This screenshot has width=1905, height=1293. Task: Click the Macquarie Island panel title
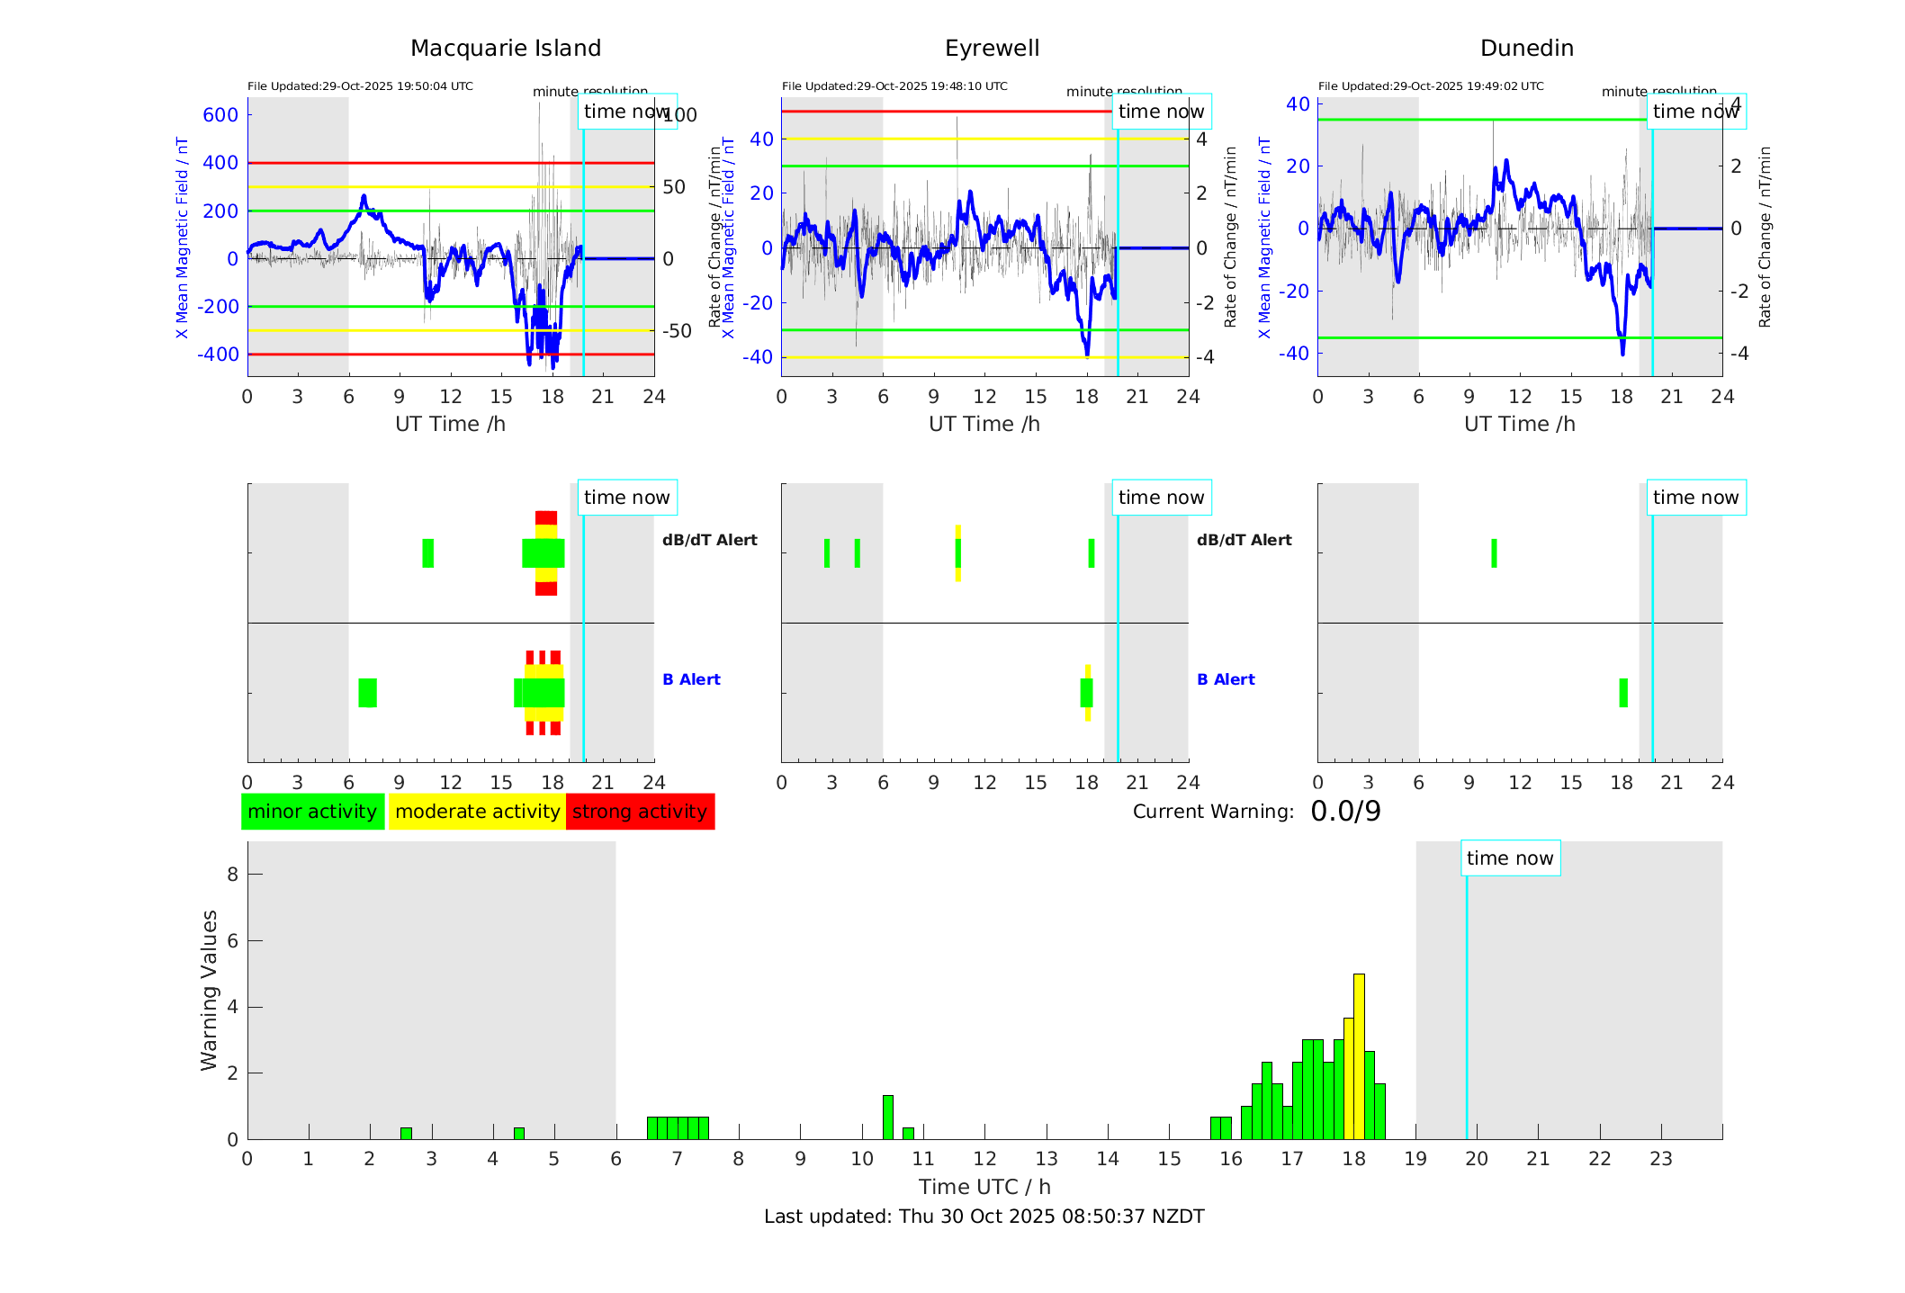coord(505,49)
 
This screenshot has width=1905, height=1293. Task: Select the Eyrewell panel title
coord(992,49)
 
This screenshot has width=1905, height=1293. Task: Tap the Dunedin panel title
coord(1526,49)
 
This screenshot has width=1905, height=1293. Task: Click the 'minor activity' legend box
coord(312,812)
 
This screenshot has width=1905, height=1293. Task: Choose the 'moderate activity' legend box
coord(477,812)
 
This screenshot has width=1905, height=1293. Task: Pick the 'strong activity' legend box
coord(640,812)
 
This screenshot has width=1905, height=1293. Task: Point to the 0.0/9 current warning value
coord(1345,812)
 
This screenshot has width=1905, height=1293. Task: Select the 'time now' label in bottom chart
coord(1510,858)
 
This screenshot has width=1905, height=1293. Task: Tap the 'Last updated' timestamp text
coord(984,1217)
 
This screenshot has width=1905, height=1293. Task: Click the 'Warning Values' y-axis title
coord(210,990)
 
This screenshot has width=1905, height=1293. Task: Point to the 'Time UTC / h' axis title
coord(984,1187)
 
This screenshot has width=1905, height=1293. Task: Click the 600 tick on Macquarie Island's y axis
coord(220,115)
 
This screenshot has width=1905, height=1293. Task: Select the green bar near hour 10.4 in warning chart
coord(888,1118)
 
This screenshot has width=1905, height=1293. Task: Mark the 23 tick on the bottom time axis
coord(1661,1159)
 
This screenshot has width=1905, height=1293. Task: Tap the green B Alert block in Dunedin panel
coord(1623,693)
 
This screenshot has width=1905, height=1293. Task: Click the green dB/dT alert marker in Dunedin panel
coord(1495,553)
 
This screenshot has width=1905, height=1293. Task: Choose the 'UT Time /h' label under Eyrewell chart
coord(984,424)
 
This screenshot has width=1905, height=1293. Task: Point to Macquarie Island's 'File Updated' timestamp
coord(360,86)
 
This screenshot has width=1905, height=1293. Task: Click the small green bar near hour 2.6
coord(406,1134)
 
